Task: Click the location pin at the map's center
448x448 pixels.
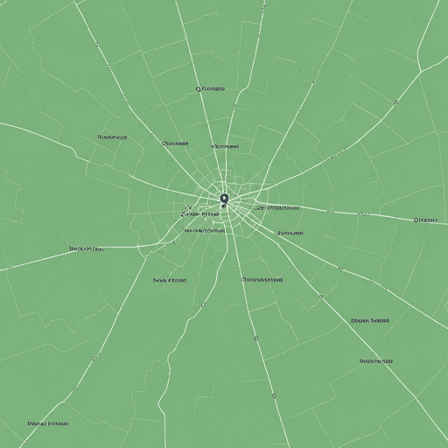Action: pyautogui.click(x=224, y=199)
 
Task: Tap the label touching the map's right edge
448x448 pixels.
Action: pyautogui.click(x=426, y=220)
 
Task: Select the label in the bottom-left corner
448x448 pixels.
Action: pyautogui.click(x=47, y=423)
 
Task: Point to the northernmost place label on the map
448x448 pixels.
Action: pyautogui.click(x=210, y=88)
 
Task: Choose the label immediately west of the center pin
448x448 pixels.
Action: pyautogui.click(x=200, y=213)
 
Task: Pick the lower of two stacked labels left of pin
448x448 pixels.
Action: pyautogui.click(x=205, y=231)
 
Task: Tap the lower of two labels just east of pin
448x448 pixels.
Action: pyautogui.click(x=290, y=234)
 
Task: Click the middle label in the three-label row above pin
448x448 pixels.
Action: pyautogui.click(x=177, y=143)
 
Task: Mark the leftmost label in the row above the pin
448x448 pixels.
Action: pyautogui.click(x=113, y=137)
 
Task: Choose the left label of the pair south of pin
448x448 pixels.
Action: pyautogui.click(x=170, y=281)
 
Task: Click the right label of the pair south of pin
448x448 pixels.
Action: pyautogui.click(x=262, y=280)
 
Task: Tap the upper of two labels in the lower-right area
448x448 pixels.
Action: pyautogui.click(x=369, y=320)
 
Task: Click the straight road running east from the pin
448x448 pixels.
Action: pyautogui.click(x=367, y=214)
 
